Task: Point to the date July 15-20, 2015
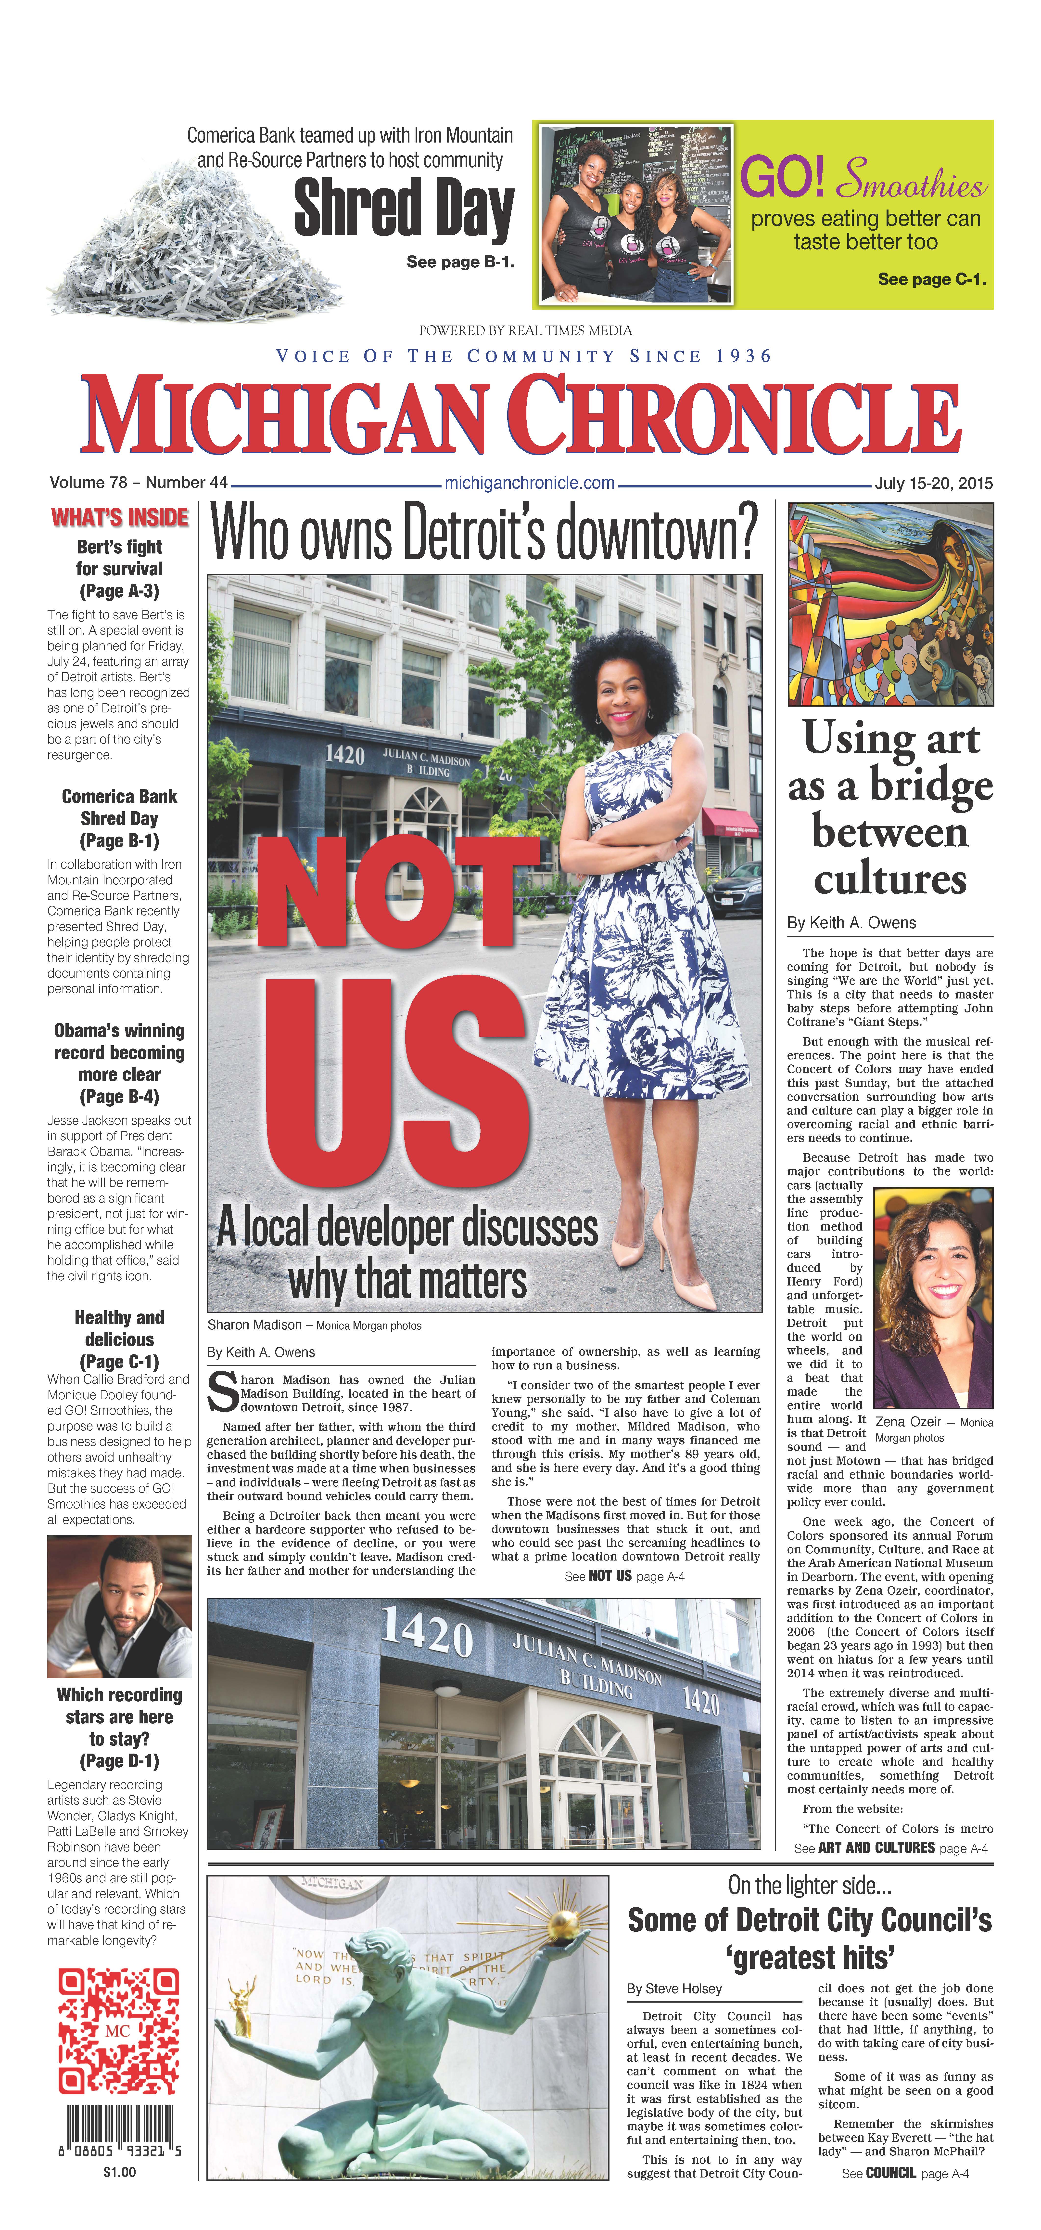(933, 483)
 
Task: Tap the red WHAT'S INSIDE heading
(119, 518)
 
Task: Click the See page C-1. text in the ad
(931, 279)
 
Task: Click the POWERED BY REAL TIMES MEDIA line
(525, 331)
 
